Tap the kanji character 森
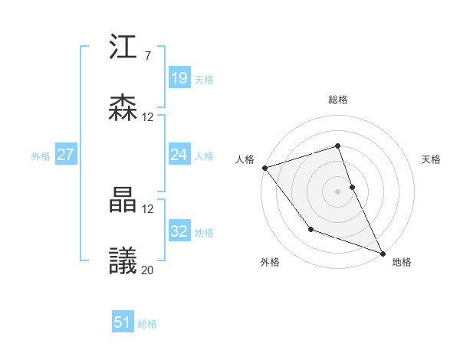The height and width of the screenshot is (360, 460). click(x=123, y=108)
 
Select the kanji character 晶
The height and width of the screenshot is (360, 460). click(x=123, y=200)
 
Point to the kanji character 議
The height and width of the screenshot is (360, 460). click(x=123, y=260)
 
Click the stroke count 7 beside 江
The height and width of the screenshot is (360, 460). click(x=147, y=56)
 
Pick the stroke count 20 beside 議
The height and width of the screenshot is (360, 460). click(x=148, y=269)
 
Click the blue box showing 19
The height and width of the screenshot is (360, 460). click(x=179, y=78)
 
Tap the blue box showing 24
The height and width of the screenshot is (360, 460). click(x=179, y=155)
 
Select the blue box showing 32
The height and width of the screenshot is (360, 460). click(x=179, y=231)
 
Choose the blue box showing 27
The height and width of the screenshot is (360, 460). click(x=65, y=155)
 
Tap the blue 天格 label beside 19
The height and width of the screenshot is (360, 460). click(x=204, y=80)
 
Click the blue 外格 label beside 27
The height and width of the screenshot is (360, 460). click(x=41, y=156)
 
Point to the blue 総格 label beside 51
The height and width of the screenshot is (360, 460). click(x=147, y=324)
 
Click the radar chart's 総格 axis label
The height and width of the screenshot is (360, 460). click(x=338, y=100)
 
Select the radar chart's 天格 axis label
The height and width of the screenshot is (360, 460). click(x=431, y=159)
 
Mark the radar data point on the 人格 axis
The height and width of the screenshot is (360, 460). click(x=264, y=168)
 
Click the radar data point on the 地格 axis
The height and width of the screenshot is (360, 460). click(x=383, y=253)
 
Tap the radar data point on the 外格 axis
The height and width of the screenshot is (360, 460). click(x=310, y=229)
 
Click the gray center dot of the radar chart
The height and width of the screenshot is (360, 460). click(x=338, y=191)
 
